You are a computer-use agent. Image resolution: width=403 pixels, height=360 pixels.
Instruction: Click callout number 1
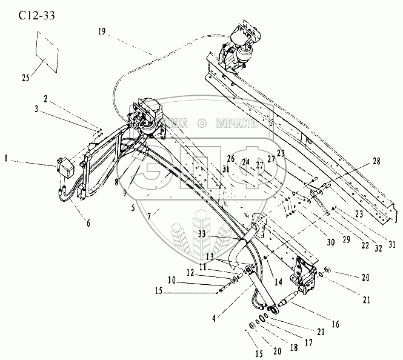click(7, 160)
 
